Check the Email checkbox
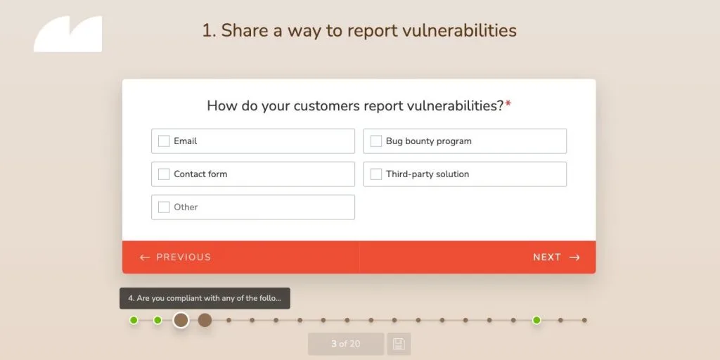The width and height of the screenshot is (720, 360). tap(164, 141)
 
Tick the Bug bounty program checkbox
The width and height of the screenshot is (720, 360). tap(376, 141)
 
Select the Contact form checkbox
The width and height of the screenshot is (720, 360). tap(164, 174)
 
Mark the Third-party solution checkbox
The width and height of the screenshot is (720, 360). tap(376, 174)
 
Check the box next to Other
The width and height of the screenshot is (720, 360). tap(164, 207)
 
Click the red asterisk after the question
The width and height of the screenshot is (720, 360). tap(508, 105)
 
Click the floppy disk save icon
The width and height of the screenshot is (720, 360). tap(399, 344)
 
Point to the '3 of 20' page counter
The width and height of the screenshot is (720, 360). tap(346, 344)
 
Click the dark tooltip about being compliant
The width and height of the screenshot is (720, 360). tap(205, 298)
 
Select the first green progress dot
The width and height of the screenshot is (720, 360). tap(134, 321)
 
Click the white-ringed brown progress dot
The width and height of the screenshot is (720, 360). tap(181, 321)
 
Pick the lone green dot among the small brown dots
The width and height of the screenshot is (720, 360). tap(536, 321)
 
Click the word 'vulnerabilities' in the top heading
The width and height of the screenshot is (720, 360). tap(459, 31)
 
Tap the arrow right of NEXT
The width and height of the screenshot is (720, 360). tap(574, 257)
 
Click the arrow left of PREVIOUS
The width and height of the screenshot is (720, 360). tap(145, 257)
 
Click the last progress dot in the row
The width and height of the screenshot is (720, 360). tap(584, 321)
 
